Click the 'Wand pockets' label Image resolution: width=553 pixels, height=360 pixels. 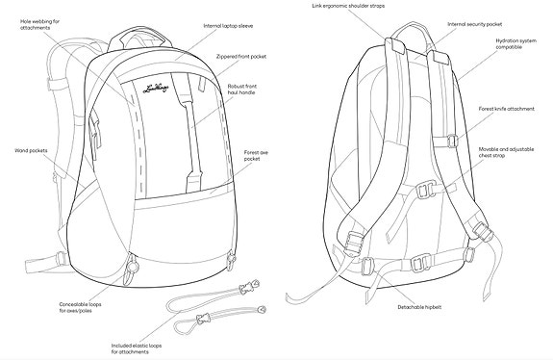[x=31, y=150]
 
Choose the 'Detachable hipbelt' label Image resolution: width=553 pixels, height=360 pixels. [x=419, y=306]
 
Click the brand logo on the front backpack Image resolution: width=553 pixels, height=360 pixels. [x=156, y=90]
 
